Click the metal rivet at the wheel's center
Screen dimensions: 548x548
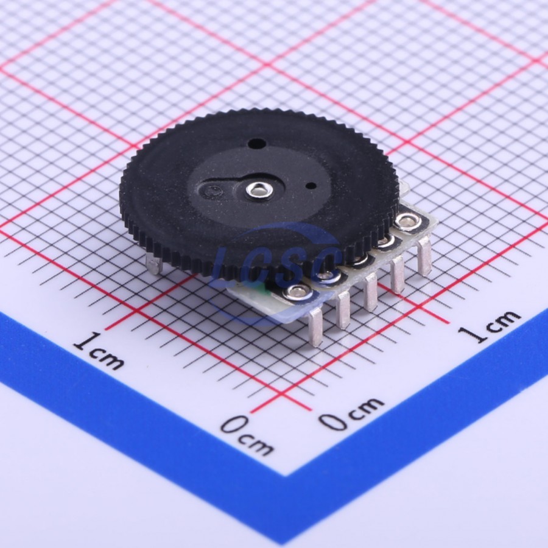click(259, 190)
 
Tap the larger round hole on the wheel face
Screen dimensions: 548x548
click(256, 143)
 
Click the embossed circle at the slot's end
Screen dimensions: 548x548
click(213, 191)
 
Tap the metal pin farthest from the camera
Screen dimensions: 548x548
click(424, 256)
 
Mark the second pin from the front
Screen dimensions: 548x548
click(344, 310)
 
